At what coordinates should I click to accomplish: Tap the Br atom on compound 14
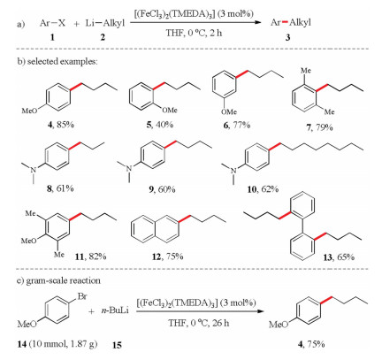pos(81,296)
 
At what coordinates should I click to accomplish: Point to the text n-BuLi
pos(115,310)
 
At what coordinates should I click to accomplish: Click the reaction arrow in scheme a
pos(195,22)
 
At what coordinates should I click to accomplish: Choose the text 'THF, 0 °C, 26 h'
pos(199,323)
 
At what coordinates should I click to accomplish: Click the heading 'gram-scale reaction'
pos(64,280)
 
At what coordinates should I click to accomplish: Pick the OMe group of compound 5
pos(170,110)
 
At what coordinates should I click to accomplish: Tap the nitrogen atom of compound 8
pos(34,169)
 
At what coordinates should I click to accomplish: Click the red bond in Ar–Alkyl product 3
pos(285,22)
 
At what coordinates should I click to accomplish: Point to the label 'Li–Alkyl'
pos(105,23)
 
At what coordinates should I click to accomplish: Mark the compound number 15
pos(117,344)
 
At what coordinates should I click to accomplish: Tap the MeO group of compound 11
pos(29,241)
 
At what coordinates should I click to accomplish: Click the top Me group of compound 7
pos(306,71)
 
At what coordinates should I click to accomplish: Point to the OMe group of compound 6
pos(229,111)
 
